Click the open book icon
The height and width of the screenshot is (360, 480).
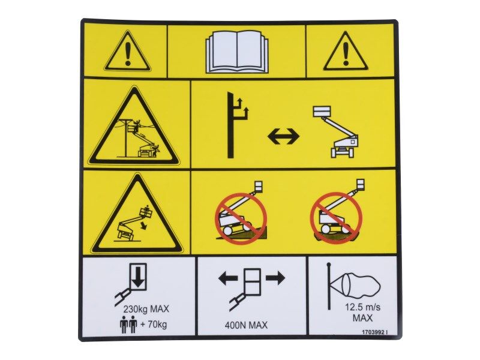pos(236,52)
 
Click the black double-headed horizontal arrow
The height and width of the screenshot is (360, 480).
pos(283,136)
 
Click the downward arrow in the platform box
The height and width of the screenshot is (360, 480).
pos(138,278)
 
